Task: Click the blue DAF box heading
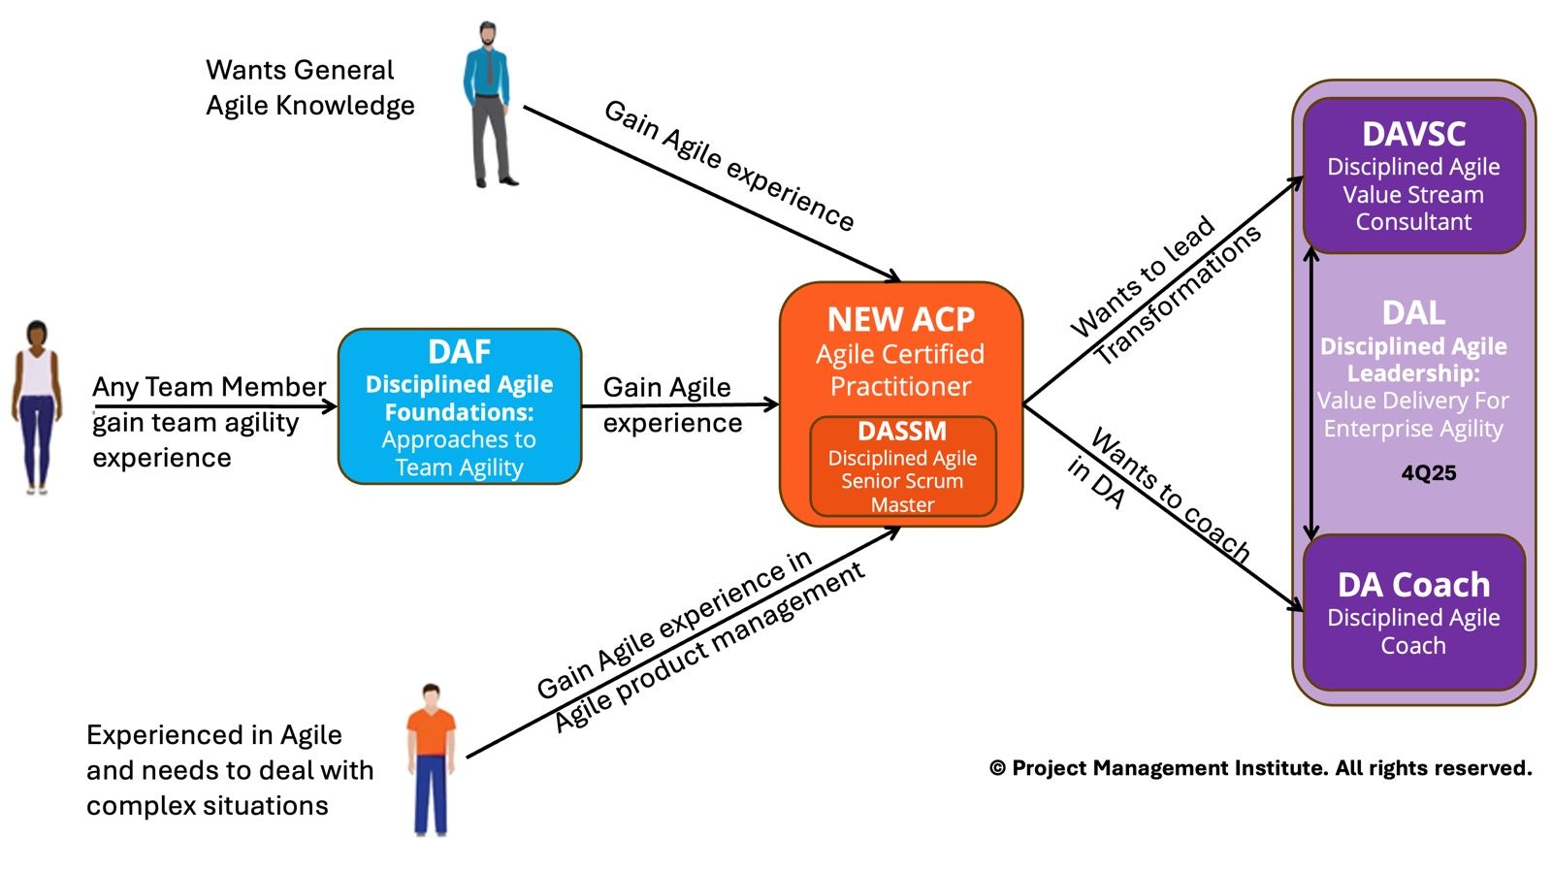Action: click(x=459, y=351)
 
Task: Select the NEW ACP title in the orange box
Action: click(x=900, y=319)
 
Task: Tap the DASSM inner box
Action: click(x=902, y=467)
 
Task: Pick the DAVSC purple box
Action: click(x=1413, y=176)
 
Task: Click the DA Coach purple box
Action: click(x=1413, y=612)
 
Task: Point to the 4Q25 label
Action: click(x=1428, y=473)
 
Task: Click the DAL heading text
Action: click(x=1413, y=313)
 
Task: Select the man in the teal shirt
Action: click(x=489, y=105)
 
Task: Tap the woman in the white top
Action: click(x=36, y=407)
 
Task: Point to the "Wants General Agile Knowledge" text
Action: click(x=309, y=87)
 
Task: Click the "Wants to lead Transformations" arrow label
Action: click(x=1165, y=291)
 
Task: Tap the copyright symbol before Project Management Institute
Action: click(x=997, y=768)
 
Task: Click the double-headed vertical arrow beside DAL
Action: click(x=1310, y=393)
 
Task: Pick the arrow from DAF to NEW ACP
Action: click(x=679, y=405)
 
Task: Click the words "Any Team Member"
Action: click(x=209, y=387)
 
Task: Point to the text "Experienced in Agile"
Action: click(x=213, y=735)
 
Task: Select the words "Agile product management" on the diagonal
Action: click(x=709, y=648)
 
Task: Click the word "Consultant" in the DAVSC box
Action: click(x=1413, y=222)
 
